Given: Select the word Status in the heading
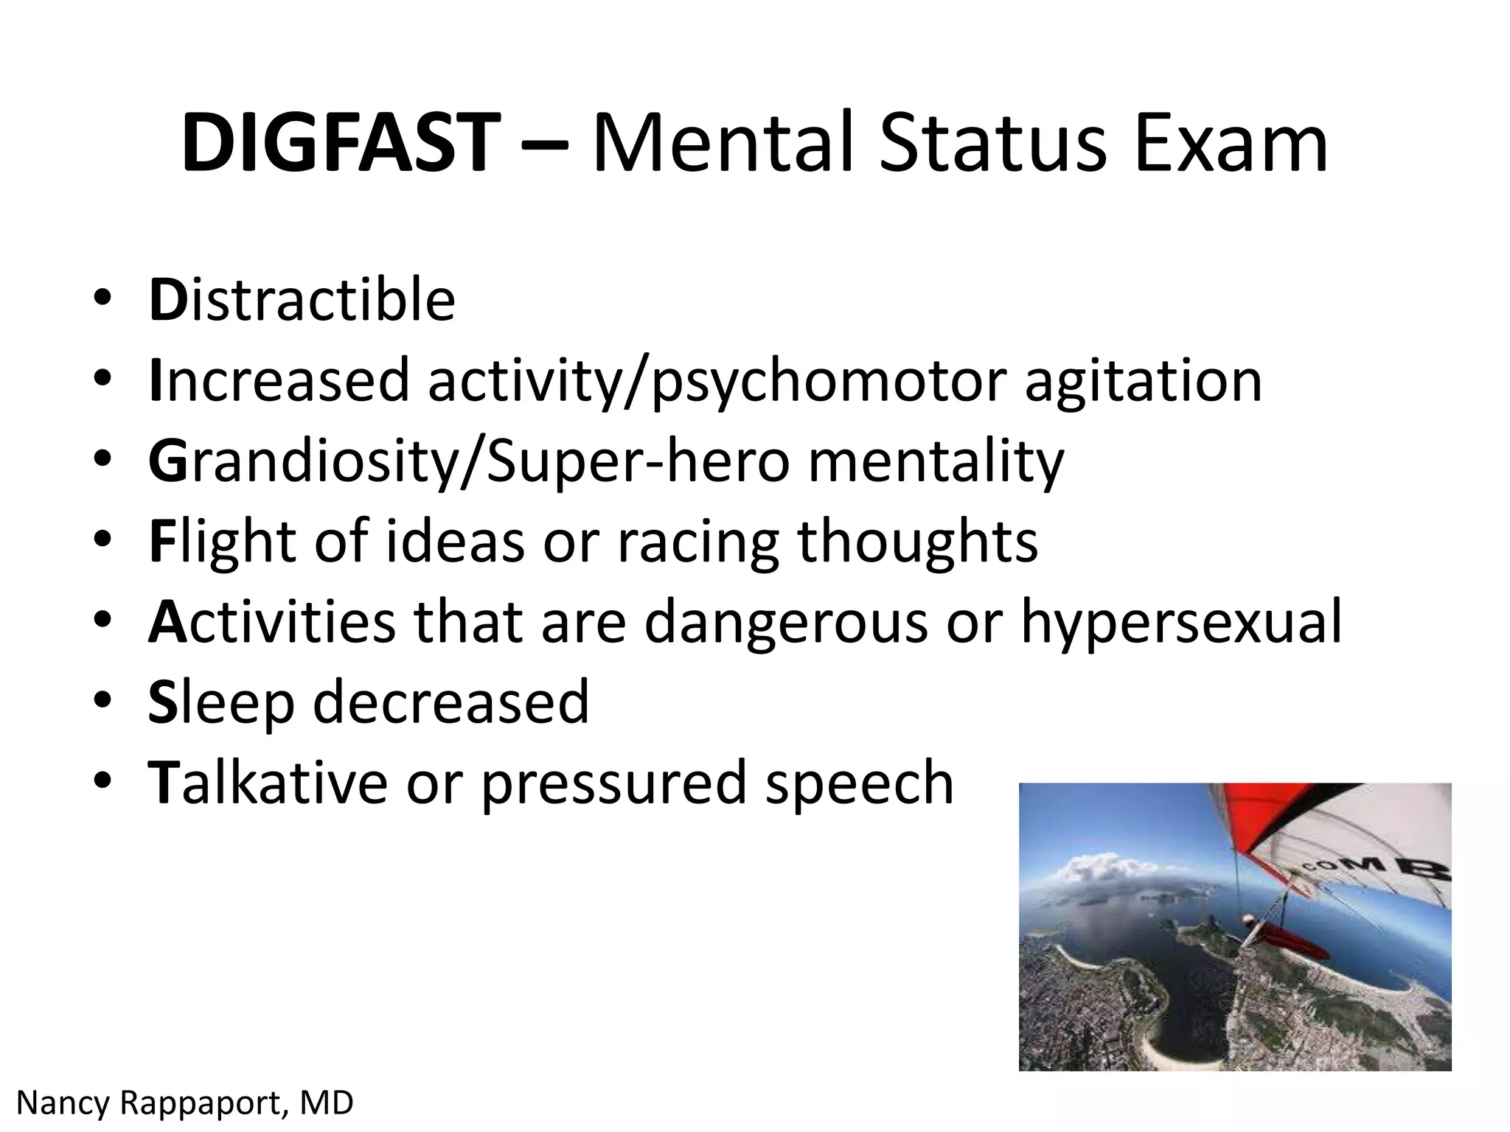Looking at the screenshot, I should [x=992, y=142].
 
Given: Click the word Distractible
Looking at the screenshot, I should [x=302, y=300].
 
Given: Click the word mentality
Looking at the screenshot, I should [x=936, y=461].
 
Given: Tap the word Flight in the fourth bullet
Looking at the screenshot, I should [x=222, y=541].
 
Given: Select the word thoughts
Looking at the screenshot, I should [x=917, y=541].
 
